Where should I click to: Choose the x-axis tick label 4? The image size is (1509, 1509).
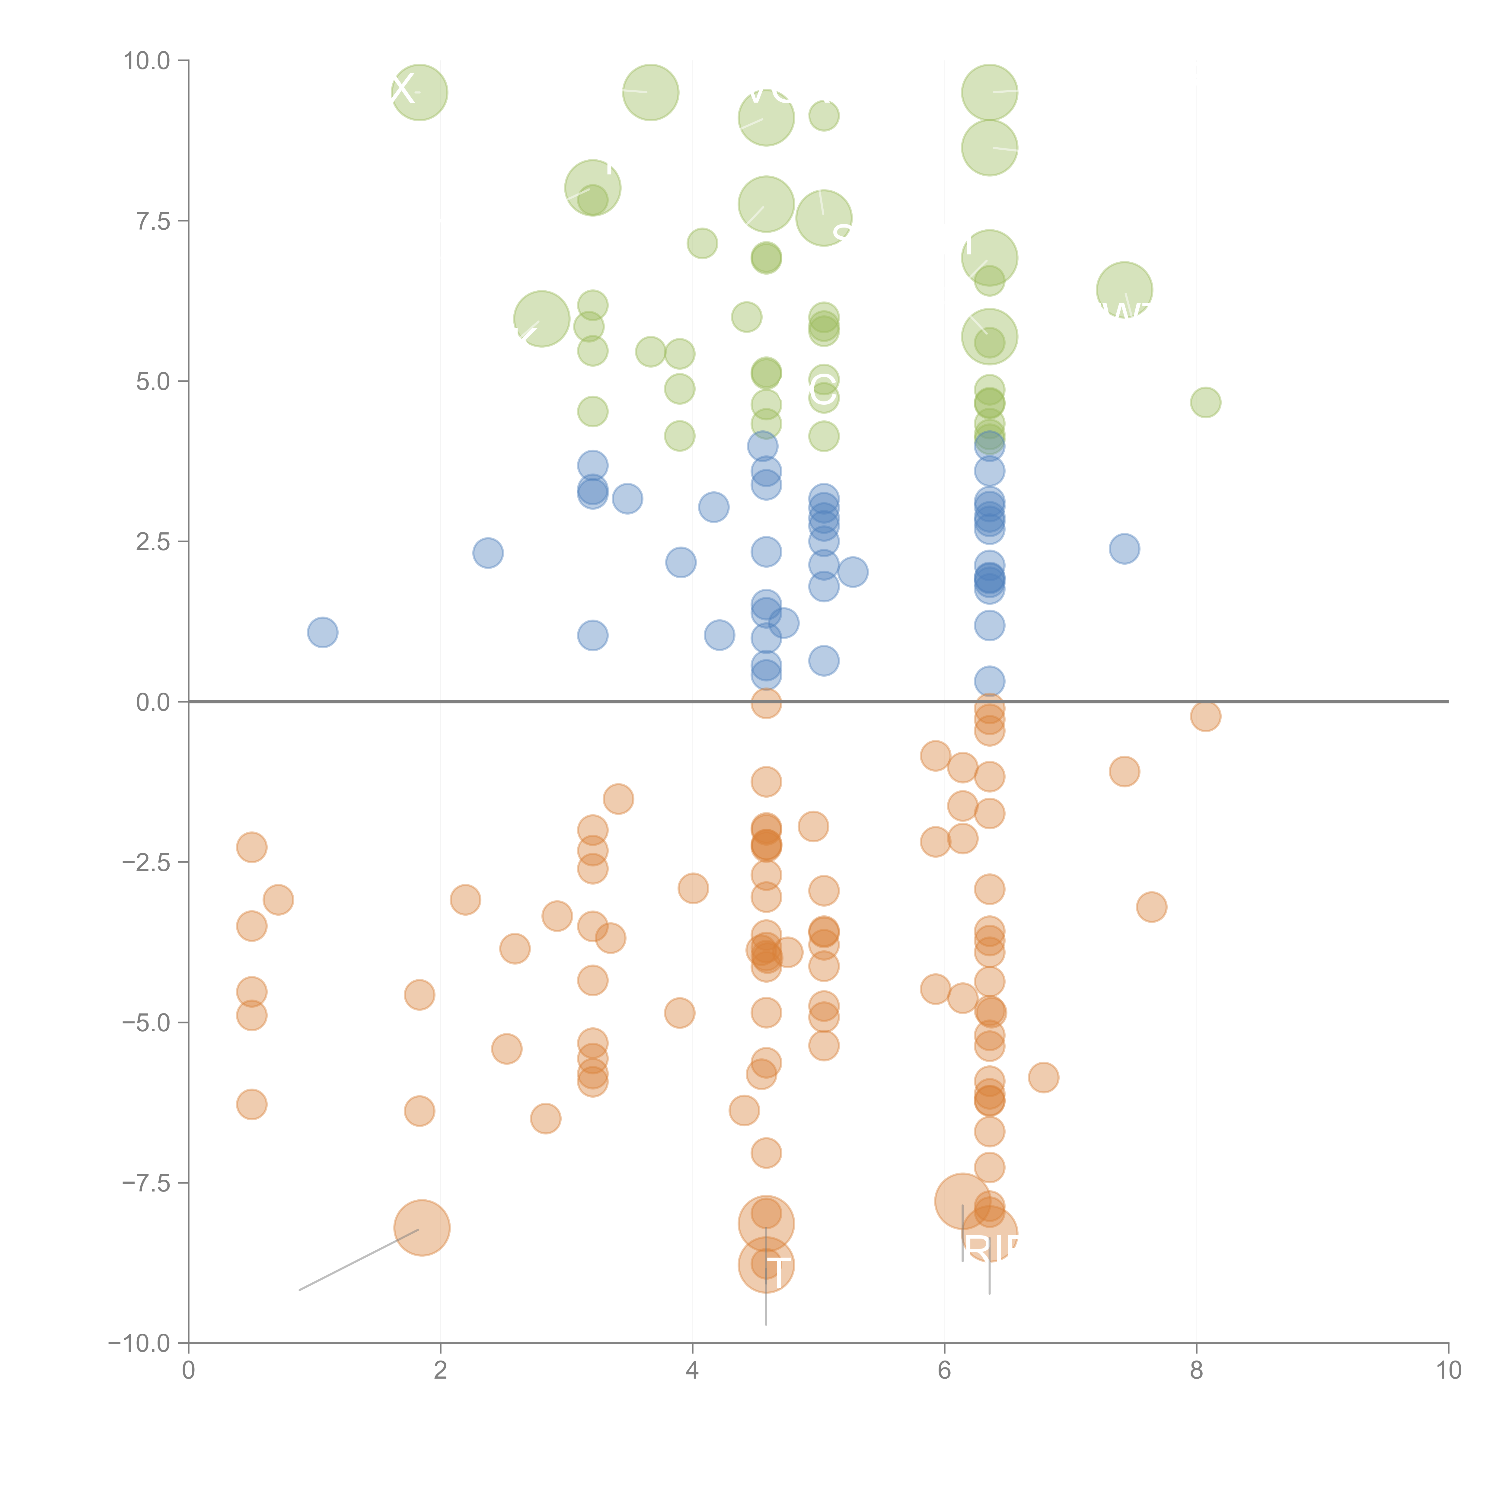(692, 1371)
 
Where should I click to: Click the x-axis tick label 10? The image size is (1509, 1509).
(1448, 1371)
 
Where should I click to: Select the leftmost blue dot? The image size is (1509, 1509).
(323, 632)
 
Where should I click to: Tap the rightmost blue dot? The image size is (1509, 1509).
(1124, 548)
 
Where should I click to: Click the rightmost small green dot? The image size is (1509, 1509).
(1205, 402)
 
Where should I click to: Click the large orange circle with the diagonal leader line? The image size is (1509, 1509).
(422, 1227)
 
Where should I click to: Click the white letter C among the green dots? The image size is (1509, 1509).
(822, 390)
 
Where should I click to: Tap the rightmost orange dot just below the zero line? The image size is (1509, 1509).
(1205, 716)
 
